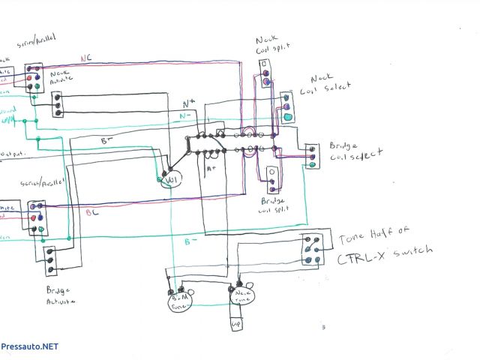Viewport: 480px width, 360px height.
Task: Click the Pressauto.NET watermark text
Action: click(x=29, y=346)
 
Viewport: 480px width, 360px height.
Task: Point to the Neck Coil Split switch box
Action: click(x=266, y=75)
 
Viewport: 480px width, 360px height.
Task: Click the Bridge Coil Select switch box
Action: click(x=313, y=155)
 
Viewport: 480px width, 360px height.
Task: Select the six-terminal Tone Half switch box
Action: click(x=313, y=250)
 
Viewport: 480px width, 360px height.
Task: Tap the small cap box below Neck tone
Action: click(x=235, y=325)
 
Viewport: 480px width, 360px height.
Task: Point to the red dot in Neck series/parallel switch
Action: click(x=28, y=77)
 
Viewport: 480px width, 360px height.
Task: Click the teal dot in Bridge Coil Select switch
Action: click(x=313, y=164)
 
